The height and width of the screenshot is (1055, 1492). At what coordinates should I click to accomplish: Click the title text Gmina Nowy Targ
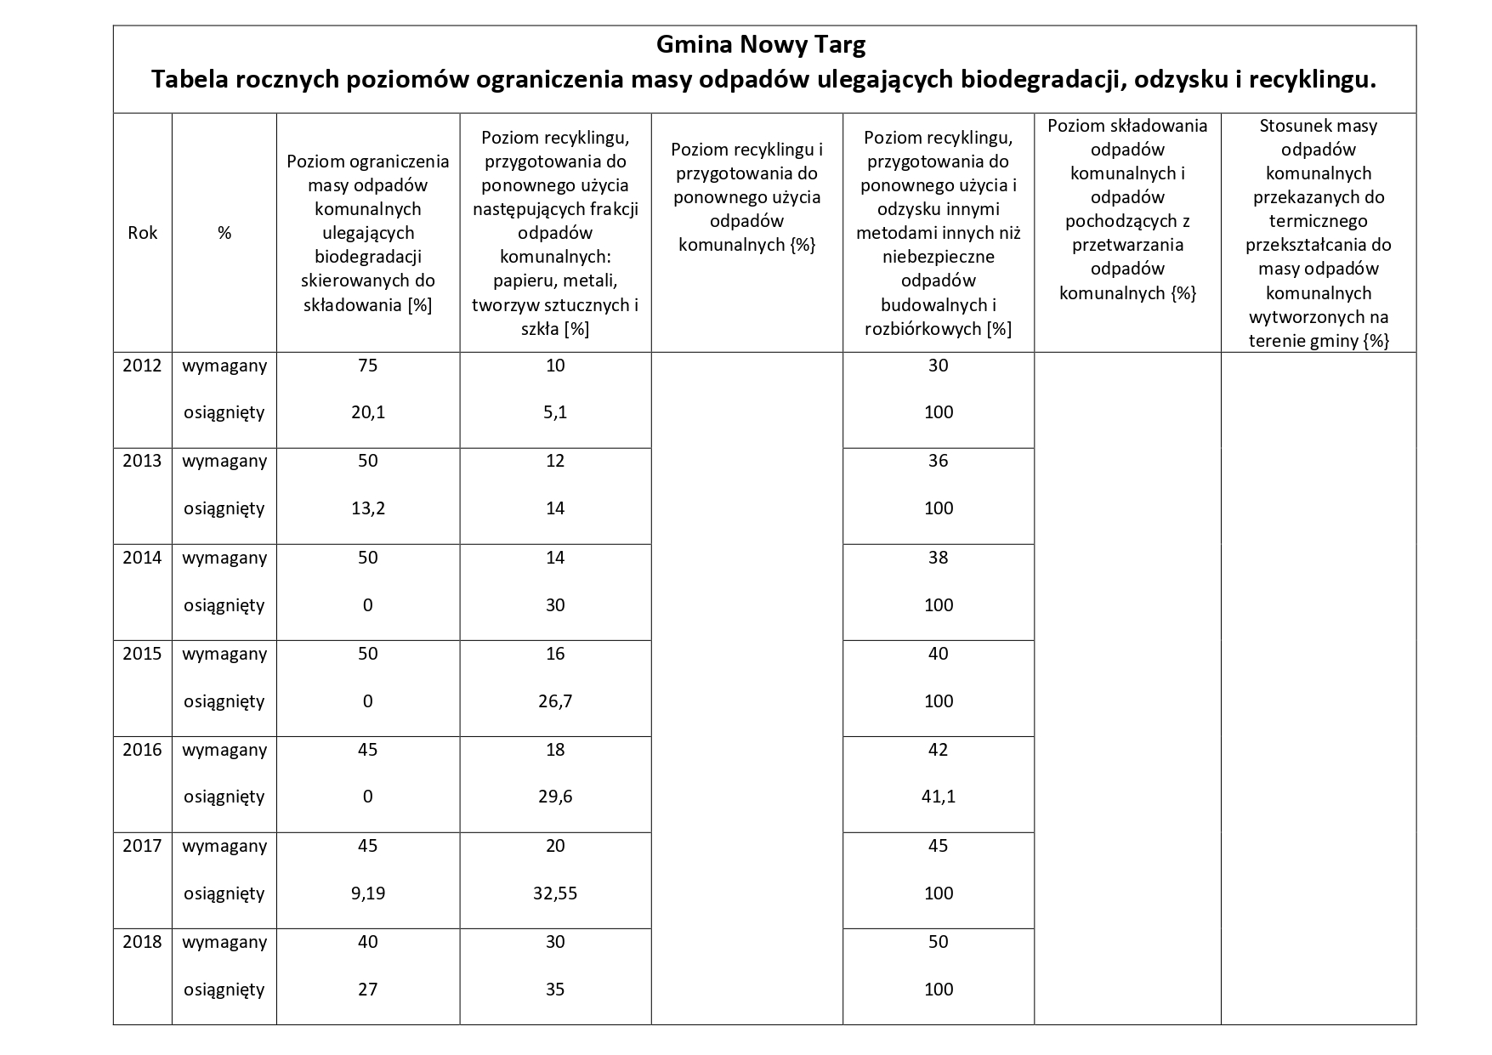pyautogui.click(x=761, y=44)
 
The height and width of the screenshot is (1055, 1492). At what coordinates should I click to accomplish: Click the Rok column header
pyautogui.click(x=142, y=233)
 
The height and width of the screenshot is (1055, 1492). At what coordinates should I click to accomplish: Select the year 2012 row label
pyautogui.click(x=142, y=366)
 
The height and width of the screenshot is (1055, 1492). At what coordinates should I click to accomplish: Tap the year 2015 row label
pyautogui.click(x=142, y=654)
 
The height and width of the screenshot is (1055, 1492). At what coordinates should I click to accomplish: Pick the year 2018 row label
pyautogui.click(x=142, y=942)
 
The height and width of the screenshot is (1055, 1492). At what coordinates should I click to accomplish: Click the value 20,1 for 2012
pyautogui.click(x=368, y=412)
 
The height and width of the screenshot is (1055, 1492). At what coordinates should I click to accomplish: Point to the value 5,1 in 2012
pyautogui.click(x=555, y=412)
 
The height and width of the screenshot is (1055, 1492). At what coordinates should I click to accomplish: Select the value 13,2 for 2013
pyautogui.click(x=368, y=508)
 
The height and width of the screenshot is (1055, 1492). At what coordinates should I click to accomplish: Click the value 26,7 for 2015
pyautogui.click(x=555, y=701)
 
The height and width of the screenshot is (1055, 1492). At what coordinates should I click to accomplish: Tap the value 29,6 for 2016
pyautogui.click(x=555, y=797)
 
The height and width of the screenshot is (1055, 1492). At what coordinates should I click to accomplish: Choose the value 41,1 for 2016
pyautogui.click(x=938, y=797)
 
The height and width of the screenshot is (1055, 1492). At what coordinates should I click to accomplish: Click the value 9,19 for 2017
pyautogui.click(x=368, y=893)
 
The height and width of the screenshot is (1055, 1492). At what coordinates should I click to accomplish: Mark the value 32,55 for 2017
pyautogui.click(x=555, y=893)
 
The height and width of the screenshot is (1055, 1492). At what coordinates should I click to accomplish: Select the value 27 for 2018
pyautogui.click(x=368, y=990)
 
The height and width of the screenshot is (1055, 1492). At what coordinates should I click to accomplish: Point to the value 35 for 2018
pyautogui.click(x=555, y=990)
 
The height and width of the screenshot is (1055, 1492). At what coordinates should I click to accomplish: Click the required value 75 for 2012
pyautogui.click(x=368, y=366)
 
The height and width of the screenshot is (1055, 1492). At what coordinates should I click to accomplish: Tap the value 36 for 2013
pyautogui.click(x=938, y=461)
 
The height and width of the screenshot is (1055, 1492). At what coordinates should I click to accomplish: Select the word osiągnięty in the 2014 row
pyautogui.click(x=224, y=605)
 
